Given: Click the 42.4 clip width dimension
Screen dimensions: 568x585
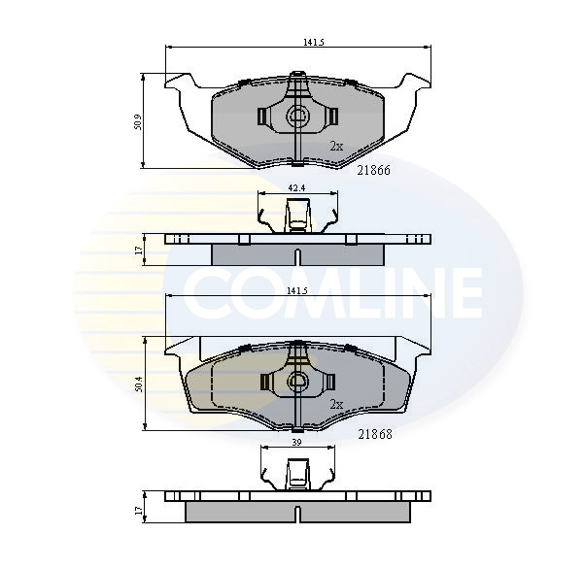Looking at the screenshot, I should tap(296, 188).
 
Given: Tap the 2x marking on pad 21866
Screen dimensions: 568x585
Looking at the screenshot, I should tap(336, 146).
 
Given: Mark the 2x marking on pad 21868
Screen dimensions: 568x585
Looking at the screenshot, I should tap(336, 404).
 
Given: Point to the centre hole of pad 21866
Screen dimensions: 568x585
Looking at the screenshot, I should tap(297, 117).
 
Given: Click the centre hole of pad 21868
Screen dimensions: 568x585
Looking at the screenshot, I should tap(297, 382).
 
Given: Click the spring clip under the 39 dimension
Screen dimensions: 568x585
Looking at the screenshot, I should tap(297, 473).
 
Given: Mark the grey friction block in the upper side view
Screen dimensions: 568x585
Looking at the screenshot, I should tap(297, 252).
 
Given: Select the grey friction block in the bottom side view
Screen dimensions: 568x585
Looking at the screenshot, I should tap(297, 512).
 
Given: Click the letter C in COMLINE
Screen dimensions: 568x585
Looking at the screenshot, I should tap(206, 290).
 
